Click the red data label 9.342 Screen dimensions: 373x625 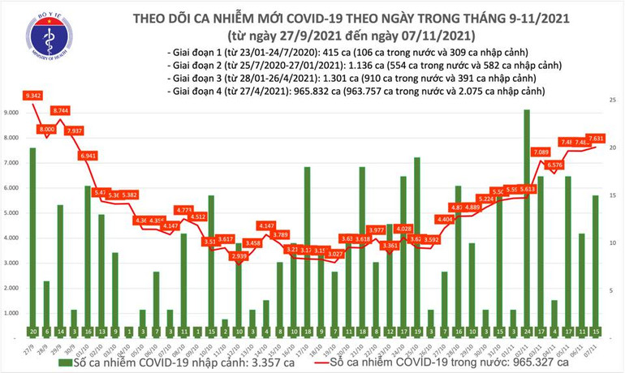pos(33,96)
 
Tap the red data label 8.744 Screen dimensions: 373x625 pos(61,109)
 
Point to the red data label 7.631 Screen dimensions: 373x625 pos(595,138)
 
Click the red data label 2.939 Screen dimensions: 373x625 pos(238,256)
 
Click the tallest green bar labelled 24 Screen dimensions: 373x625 pos(527,219)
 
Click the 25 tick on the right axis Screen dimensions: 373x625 pos(614,99)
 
